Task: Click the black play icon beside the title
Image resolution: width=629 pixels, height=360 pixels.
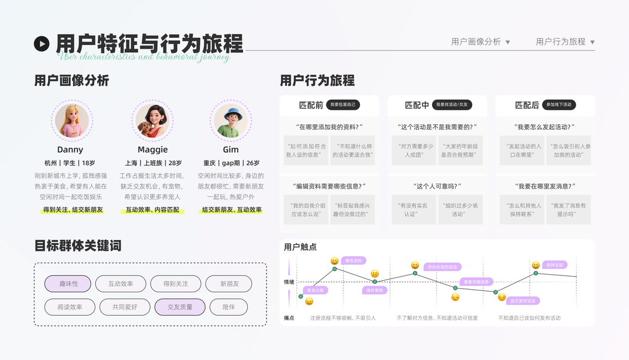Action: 41,43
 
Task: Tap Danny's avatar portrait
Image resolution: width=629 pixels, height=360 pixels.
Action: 71,121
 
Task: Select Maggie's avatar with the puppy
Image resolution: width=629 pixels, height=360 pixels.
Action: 152,121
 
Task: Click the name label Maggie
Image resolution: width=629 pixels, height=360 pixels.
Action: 152,149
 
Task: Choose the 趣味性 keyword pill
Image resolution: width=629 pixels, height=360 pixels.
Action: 68,284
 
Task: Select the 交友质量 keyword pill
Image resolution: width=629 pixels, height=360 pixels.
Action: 180,307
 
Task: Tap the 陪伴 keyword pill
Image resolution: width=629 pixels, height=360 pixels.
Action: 229,307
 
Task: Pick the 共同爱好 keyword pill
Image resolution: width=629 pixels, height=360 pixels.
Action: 125,307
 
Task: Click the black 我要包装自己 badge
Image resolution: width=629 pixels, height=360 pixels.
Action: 343,104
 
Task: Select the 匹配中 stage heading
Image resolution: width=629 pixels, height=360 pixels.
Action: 417,105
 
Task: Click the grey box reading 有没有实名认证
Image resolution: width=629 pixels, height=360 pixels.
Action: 414,209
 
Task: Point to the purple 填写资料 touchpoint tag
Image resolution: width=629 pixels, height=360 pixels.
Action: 354,261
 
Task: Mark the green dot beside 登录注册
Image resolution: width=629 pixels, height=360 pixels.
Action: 301,296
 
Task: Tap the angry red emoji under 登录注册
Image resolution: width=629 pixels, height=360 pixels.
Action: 309,301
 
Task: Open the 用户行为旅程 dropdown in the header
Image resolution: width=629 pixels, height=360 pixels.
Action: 565,42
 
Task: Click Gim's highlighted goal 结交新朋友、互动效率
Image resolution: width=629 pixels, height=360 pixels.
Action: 232,210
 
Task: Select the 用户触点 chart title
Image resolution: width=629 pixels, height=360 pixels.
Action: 300,247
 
